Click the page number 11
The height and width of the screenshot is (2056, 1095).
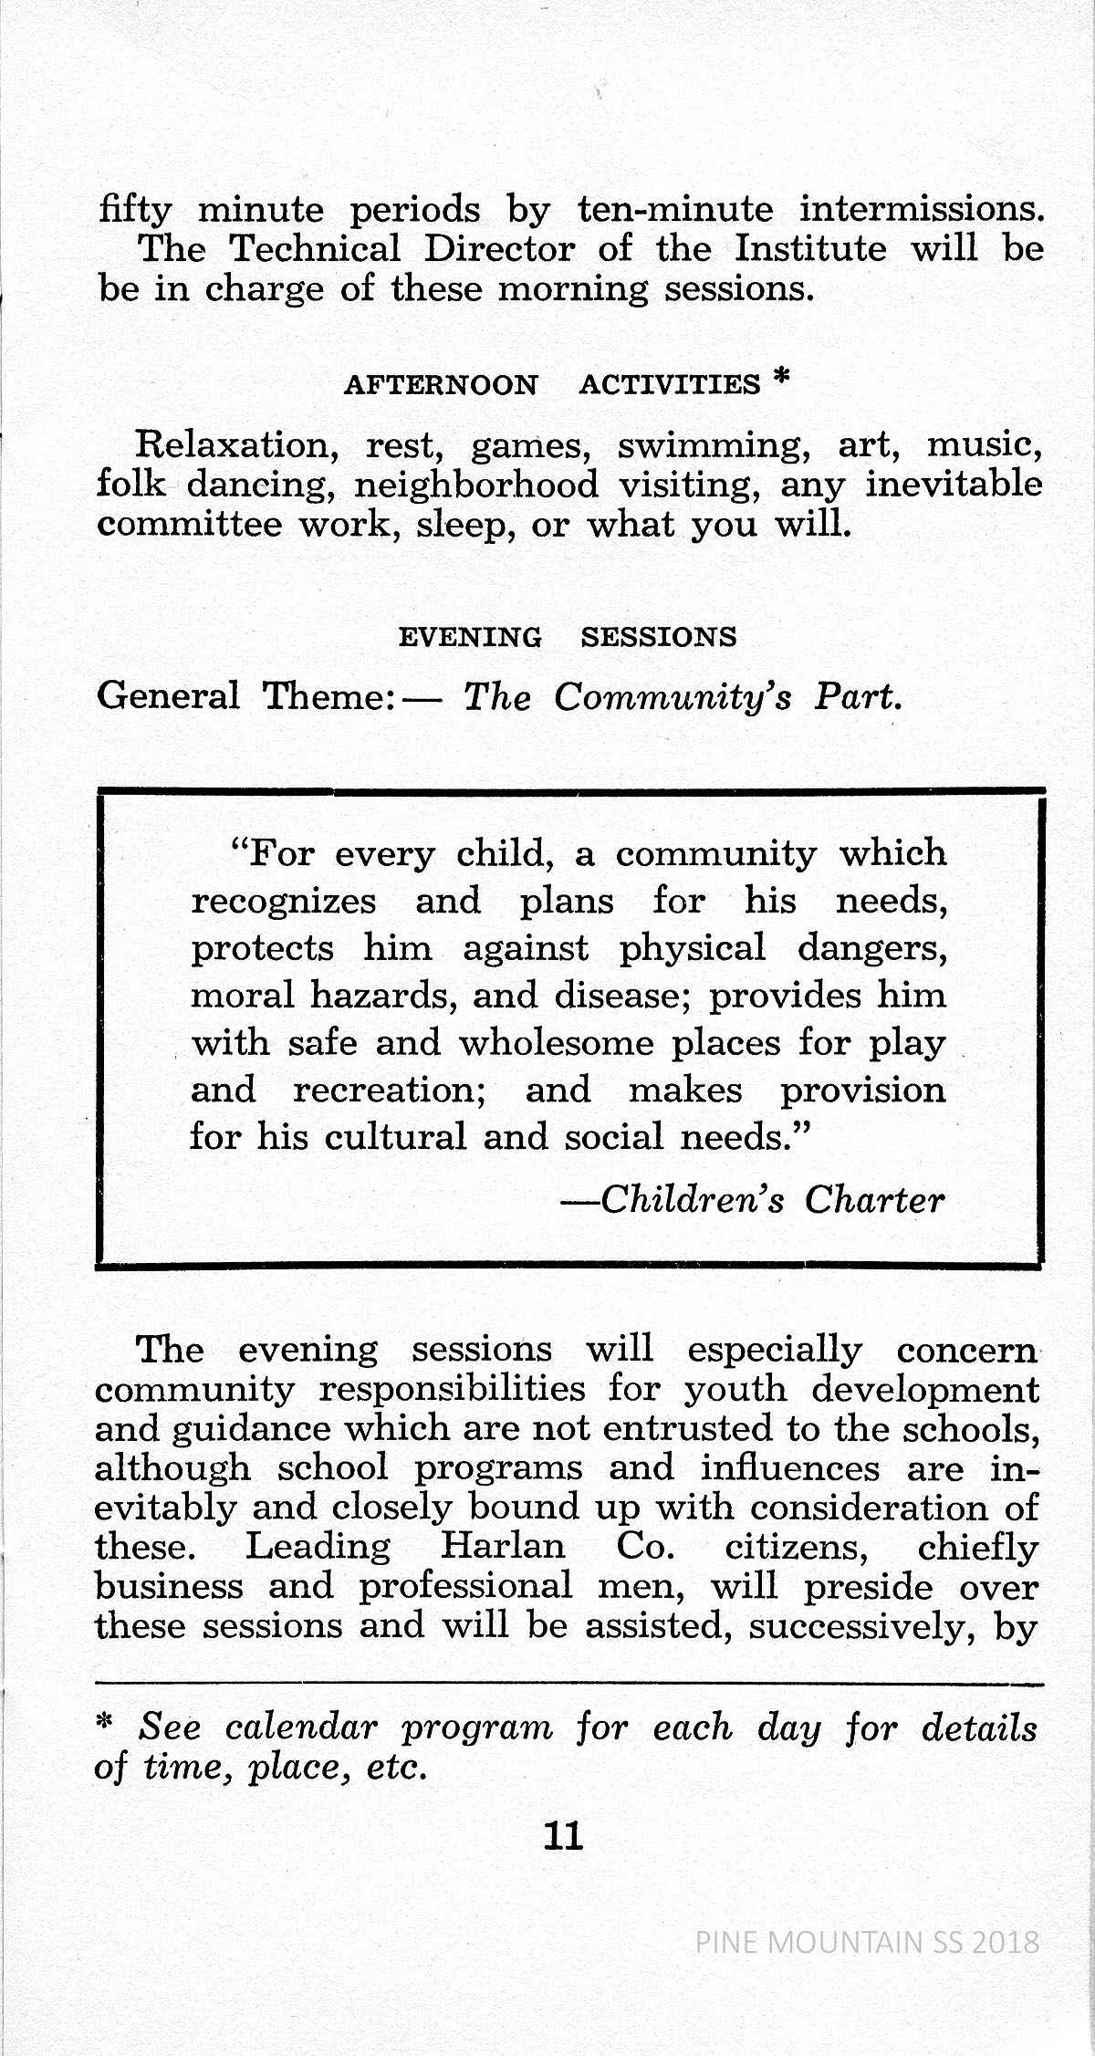click(x=562, y=1835)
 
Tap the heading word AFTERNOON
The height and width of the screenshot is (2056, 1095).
click(x=441, y=385)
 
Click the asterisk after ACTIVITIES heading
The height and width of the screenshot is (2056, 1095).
click(x=778, y=379)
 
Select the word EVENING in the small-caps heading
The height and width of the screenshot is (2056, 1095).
click(x=470, y=637)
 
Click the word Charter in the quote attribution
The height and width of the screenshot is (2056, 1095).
click(x=874, y=1200)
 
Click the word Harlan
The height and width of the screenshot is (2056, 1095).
click(x=503, y=1548)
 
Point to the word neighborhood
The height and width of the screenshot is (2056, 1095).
click(x=475, y=485)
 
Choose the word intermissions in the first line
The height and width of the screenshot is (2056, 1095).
click(x=921, y=210)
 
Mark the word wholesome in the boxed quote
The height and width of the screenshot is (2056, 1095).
click(x=556, y=1042)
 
